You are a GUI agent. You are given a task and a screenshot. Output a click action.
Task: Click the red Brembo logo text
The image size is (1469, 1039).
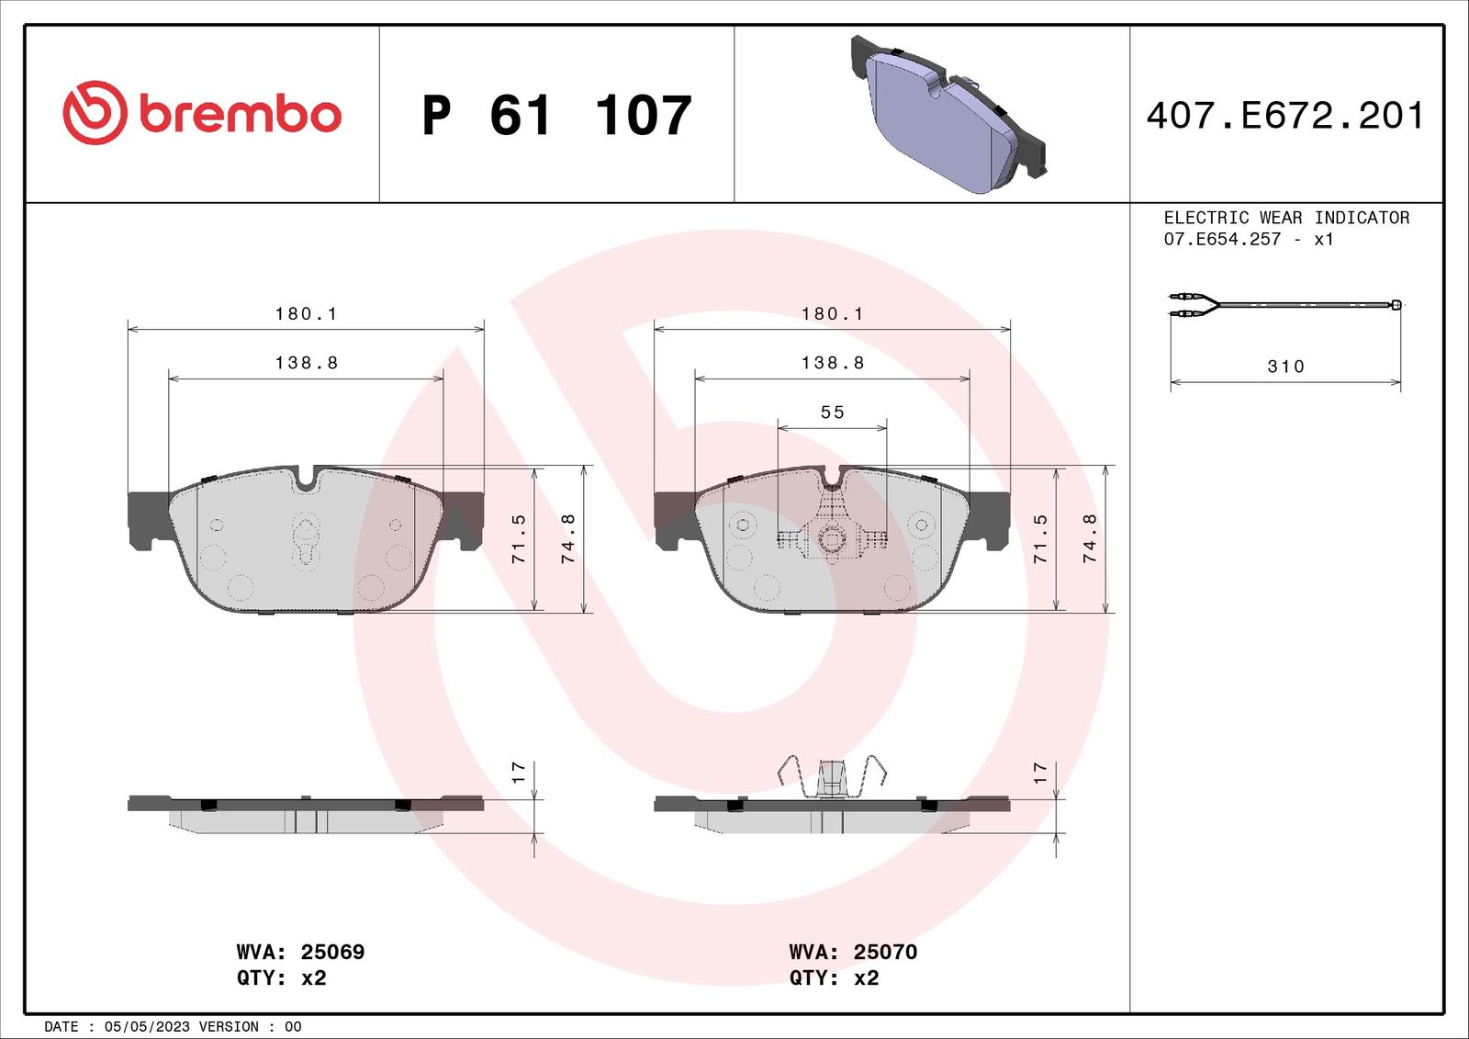click(240, 115)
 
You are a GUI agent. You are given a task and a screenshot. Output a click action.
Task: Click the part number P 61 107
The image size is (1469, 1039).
click(556, 116)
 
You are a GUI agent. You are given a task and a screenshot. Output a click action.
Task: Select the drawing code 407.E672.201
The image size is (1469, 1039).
click(1285, 115)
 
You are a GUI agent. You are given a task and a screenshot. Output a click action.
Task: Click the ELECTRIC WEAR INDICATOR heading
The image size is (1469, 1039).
click(1286, 217)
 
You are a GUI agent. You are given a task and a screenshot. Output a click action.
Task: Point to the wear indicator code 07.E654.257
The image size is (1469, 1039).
click(1222, 239)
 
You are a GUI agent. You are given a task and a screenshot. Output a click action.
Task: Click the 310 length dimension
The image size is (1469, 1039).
click(1285, 367)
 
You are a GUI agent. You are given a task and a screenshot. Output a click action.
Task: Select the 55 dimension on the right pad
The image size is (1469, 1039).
click(832, 412)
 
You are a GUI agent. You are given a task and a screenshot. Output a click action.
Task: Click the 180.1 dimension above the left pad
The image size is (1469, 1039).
click(306, 314)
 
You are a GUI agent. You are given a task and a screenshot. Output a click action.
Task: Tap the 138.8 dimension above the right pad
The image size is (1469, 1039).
click(832, 362)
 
